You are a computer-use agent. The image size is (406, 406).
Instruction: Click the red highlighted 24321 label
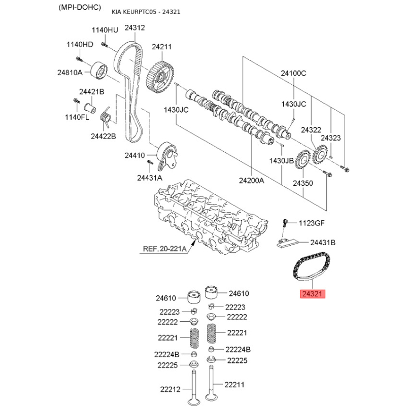pos(313,294)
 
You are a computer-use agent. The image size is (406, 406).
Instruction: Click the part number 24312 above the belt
pos(134,28)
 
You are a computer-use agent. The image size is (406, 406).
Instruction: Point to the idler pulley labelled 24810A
pos(99,70)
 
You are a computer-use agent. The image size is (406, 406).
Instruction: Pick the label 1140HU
pos(105,30)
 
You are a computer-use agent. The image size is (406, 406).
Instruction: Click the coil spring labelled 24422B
pos(105,117)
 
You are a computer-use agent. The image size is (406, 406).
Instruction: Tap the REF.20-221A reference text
pos(164,249)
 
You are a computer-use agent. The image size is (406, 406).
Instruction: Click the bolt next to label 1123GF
pos(285,223)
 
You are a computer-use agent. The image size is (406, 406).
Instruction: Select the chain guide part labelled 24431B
pos(287,244)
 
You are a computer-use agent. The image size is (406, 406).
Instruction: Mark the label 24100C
pos(293,73)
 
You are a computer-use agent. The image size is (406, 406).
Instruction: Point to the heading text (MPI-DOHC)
pos(80,7)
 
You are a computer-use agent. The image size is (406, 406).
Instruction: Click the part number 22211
pos(234,385)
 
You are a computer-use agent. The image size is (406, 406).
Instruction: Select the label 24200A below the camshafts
pos(251,180)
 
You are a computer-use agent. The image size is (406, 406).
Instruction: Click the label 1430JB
pos(282,161)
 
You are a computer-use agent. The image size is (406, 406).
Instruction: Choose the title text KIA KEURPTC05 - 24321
pos(146,12)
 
